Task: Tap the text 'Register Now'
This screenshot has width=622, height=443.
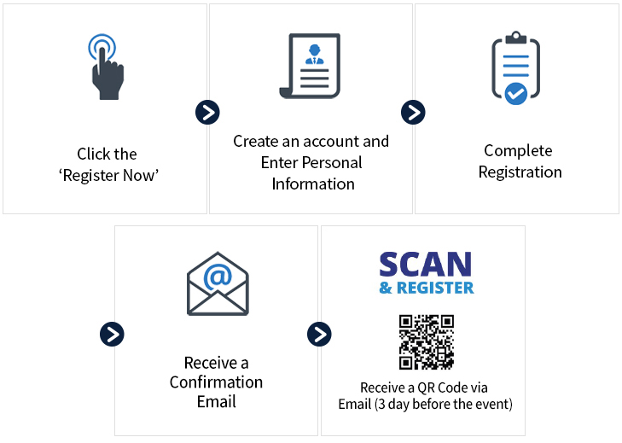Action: click(109, 176)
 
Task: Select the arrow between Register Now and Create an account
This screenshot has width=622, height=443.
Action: click(207, 112)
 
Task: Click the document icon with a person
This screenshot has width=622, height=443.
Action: click(310, 66)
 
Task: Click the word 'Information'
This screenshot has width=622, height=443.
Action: click(312, 184)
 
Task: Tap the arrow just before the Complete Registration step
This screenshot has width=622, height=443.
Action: click(413, 112)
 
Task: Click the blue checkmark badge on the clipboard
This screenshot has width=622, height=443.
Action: click(516, 93)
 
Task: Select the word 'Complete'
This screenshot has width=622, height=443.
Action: click(518, 151)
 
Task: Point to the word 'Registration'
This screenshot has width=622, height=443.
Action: click(520, 172)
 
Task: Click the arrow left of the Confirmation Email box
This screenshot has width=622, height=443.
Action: click(112, 334)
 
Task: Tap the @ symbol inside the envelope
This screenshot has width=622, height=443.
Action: click(218, 277)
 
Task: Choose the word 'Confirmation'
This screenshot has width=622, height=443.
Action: click(216, 382)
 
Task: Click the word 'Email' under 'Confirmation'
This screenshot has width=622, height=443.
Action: click(216, 401)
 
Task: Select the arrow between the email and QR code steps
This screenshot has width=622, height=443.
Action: click(318, 334)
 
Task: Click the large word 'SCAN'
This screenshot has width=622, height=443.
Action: click(425, 265)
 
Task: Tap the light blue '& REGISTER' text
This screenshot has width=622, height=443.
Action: click(426, 288)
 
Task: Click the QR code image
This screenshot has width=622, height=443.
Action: click(426, 341)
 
